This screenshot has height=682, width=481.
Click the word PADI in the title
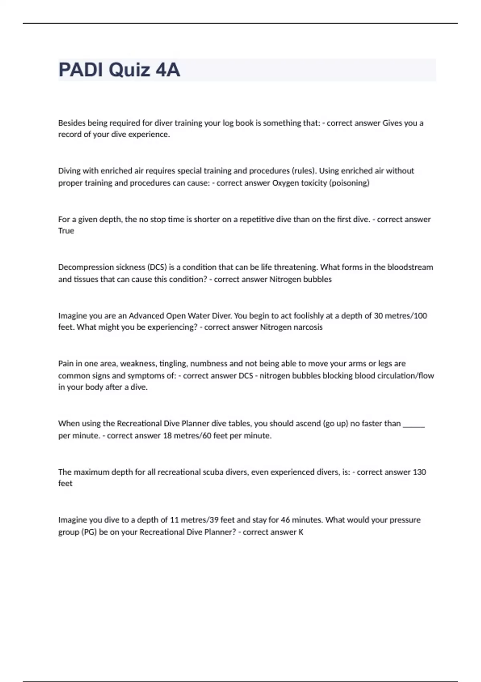tap(81, 70)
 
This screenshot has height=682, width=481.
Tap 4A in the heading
tap(168, 70)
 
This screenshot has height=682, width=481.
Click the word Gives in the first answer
tap(392, 123)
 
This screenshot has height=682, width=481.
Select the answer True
tap(66, 231)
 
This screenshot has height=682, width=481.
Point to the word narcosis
tap(308, 327)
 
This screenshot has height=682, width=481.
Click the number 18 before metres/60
tap(167, 436)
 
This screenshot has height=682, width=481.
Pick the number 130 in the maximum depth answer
tap(419, 472)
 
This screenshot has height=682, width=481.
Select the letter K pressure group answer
tap(301, 532)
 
